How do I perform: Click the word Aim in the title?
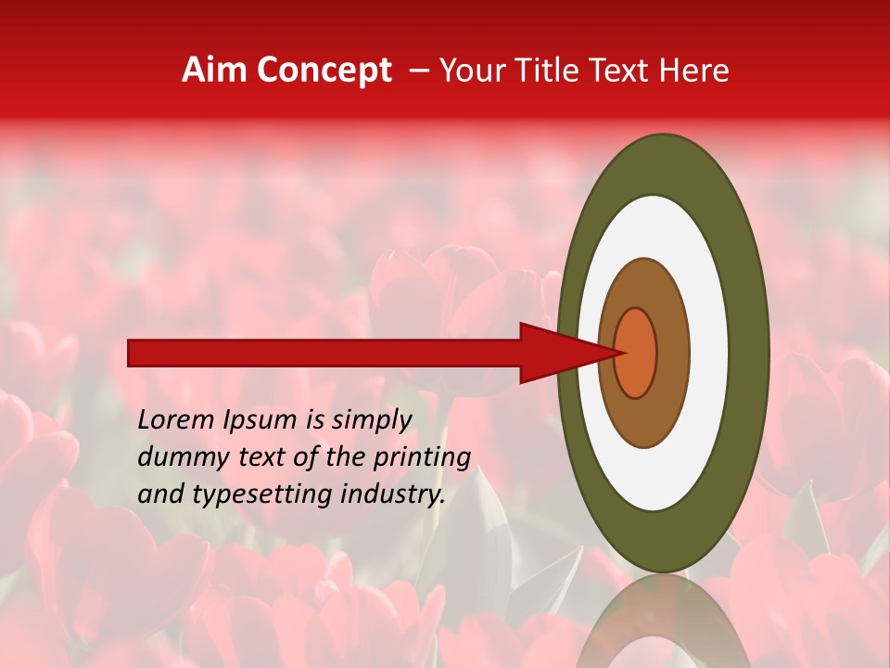[215, 70]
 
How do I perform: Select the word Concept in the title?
[324, 71]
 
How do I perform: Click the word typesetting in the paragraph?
[248, 495]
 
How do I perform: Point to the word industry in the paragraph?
[393, 494]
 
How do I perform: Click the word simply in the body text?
[372, 421]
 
